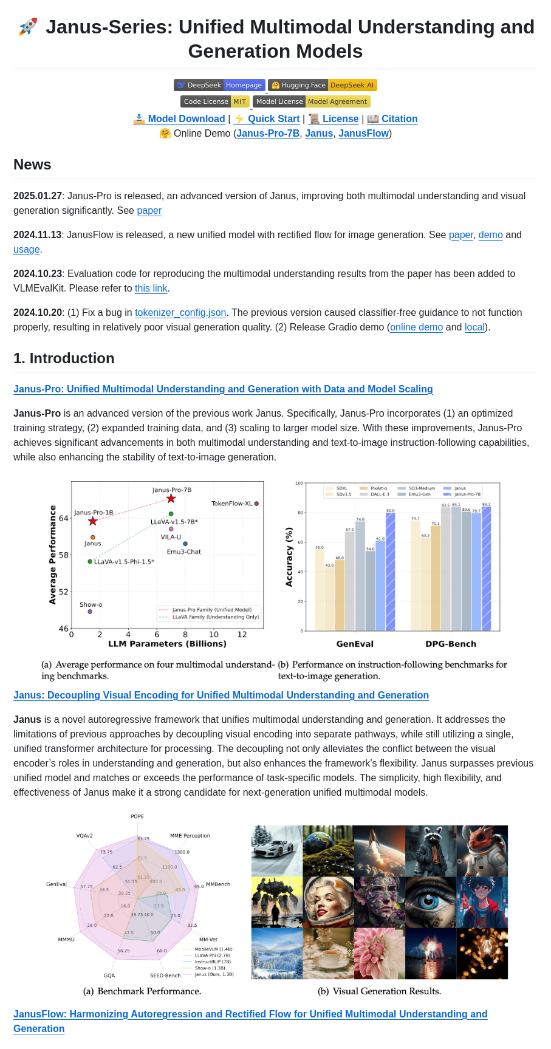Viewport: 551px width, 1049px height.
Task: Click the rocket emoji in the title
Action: pos(28,27)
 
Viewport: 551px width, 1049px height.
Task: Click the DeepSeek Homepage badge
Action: pos(219,85)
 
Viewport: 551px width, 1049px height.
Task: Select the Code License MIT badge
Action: pos(214,101)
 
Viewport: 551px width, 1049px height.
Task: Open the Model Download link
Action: pos(179,119)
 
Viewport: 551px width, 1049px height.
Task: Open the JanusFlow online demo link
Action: pos(363,134)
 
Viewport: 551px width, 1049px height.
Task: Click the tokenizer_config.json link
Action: pos(180,313)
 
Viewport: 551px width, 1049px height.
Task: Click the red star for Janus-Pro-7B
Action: pos(171,499)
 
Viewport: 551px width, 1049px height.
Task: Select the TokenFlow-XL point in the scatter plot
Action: pos(257,504)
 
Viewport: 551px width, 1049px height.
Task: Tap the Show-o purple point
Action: pos(90,612)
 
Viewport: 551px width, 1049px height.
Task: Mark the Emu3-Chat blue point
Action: pos(185,544)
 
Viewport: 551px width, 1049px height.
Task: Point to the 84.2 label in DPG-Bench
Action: pos(486,505)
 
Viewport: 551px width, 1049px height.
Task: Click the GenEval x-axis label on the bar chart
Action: pos(355,644)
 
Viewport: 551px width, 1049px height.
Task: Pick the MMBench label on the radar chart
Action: pos(217,884)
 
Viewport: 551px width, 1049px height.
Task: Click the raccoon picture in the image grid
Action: pos(431,850)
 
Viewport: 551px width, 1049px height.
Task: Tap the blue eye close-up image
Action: pos(431,902)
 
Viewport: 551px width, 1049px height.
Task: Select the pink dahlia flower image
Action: pos(380,953)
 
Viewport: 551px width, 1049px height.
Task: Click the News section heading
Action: pos(32,165)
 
